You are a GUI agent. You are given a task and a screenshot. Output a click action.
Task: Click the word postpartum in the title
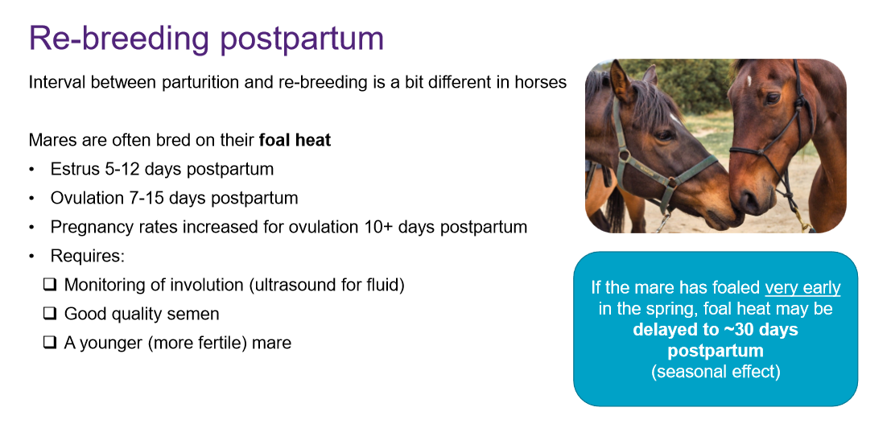point(302,39)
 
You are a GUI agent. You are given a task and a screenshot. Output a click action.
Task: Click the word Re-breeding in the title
point(120,39)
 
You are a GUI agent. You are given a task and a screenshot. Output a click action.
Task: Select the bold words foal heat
point(295,140)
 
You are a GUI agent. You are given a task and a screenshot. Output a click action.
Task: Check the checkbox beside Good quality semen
point(51,314)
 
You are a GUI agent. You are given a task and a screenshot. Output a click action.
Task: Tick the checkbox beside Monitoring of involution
point(51,285)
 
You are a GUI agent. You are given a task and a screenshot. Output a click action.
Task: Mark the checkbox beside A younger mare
point(51,343)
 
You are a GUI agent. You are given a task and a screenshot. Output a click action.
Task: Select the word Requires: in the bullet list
point(87,257)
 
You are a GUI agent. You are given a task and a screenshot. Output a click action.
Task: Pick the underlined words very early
point(802,288)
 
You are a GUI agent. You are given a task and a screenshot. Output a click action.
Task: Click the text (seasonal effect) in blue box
point(716,372)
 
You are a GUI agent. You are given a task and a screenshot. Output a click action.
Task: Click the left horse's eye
point(662,135)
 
